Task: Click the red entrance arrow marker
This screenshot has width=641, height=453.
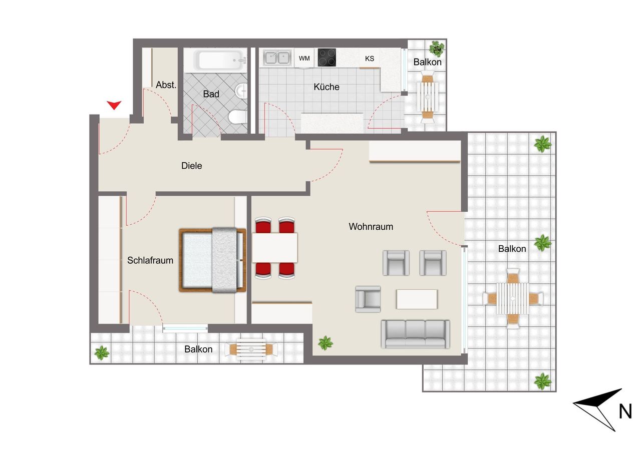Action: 114,105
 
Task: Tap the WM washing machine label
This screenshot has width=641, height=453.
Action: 304,59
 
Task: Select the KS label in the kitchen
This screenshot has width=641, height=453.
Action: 370,59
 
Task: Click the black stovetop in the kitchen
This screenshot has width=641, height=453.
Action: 327,58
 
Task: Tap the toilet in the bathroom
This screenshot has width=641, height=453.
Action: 237,117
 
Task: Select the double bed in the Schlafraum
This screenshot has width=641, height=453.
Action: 212,260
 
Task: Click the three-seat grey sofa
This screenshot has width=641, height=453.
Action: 415,334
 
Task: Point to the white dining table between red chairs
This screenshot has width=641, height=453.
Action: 275,248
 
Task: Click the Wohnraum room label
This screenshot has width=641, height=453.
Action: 371,227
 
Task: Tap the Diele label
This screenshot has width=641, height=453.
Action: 192,166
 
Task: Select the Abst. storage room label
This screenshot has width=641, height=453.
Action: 166,85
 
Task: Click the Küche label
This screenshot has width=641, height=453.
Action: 327,87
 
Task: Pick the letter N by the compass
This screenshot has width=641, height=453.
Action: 625,411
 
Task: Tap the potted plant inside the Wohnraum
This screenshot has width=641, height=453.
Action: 326,342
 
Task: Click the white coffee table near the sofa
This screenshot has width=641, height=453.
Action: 417,299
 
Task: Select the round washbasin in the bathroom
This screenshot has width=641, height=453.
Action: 241,91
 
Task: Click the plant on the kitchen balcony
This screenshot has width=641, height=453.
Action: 437,49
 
